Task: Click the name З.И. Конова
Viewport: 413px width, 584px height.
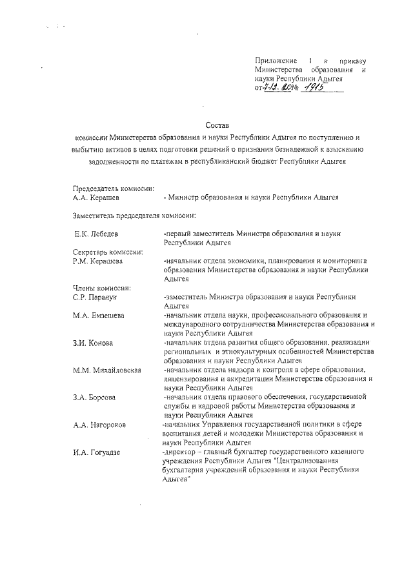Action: click(x=93, y=343)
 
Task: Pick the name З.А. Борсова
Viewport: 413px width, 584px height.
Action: click(x=94, y=398)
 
